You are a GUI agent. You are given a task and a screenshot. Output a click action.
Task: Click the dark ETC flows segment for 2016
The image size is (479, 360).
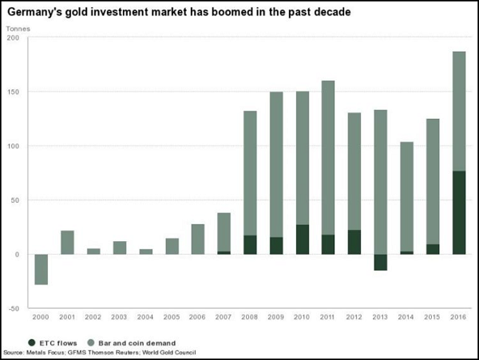458,212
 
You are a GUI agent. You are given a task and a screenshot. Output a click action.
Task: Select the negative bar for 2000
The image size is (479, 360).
41,269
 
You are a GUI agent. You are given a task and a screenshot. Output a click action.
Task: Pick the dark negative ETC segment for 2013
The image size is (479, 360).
380,262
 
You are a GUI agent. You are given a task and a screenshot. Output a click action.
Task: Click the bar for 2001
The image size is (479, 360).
67,242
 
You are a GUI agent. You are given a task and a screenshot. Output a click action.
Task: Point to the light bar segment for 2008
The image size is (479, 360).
249,172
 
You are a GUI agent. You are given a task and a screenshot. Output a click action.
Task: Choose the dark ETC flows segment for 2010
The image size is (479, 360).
302,239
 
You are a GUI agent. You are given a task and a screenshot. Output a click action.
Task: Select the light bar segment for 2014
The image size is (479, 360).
406,196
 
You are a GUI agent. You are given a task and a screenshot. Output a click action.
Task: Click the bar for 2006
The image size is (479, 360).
197,239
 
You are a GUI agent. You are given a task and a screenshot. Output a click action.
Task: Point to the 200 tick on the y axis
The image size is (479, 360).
14,38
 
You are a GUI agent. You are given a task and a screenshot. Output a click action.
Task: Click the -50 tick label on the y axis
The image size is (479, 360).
14,308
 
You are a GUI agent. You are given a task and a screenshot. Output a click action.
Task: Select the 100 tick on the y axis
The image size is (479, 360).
14,146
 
